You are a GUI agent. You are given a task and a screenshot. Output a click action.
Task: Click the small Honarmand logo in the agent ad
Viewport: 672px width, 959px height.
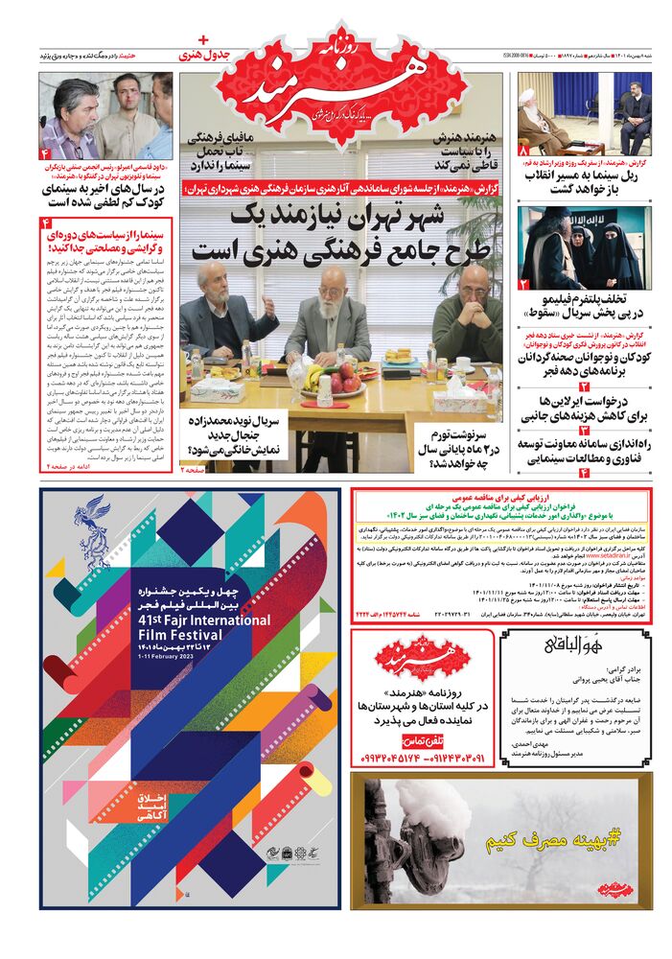coord(423,658)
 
